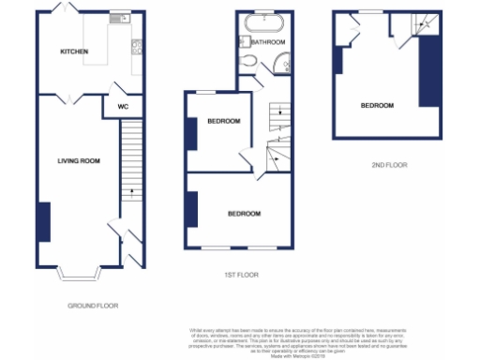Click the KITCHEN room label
[74, 52]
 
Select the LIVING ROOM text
[78, 161]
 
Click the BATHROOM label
[267, 42]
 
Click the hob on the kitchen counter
[138, 46]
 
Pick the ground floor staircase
[131, 169]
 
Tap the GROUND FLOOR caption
[93, 306]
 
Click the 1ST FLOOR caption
[240, 276]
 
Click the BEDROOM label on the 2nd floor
[377, 106]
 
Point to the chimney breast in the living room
[43, 221]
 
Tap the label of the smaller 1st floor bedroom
[224, 121]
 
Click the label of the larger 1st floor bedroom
[244, 214]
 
